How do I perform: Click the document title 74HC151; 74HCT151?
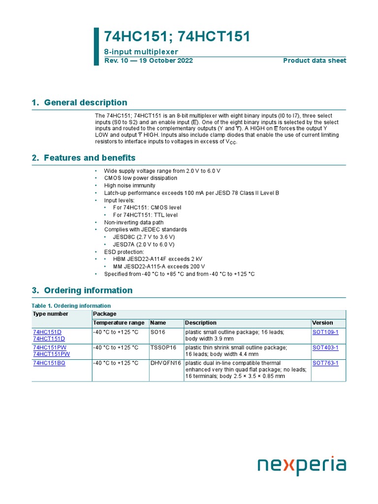177,36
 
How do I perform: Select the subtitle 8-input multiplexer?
141,52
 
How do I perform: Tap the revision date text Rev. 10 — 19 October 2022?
148,61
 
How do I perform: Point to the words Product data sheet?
315,61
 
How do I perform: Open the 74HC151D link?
47,332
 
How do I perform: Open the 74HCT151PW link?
51,354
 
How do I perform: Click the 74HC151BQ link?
49,363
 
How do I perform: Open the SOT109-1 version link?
325,332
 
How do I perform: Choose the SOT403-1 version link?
325,347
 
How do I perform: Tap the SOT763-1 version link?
325,363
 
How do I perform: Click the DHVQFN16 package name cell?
166,363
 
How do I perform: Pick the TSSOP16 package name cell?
163,347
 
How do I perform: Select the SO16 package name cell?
158,332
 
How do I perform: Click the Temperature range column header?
119,323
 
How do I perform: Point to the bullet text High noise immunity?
129,186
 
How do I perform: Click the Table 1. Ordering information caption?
71,306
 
